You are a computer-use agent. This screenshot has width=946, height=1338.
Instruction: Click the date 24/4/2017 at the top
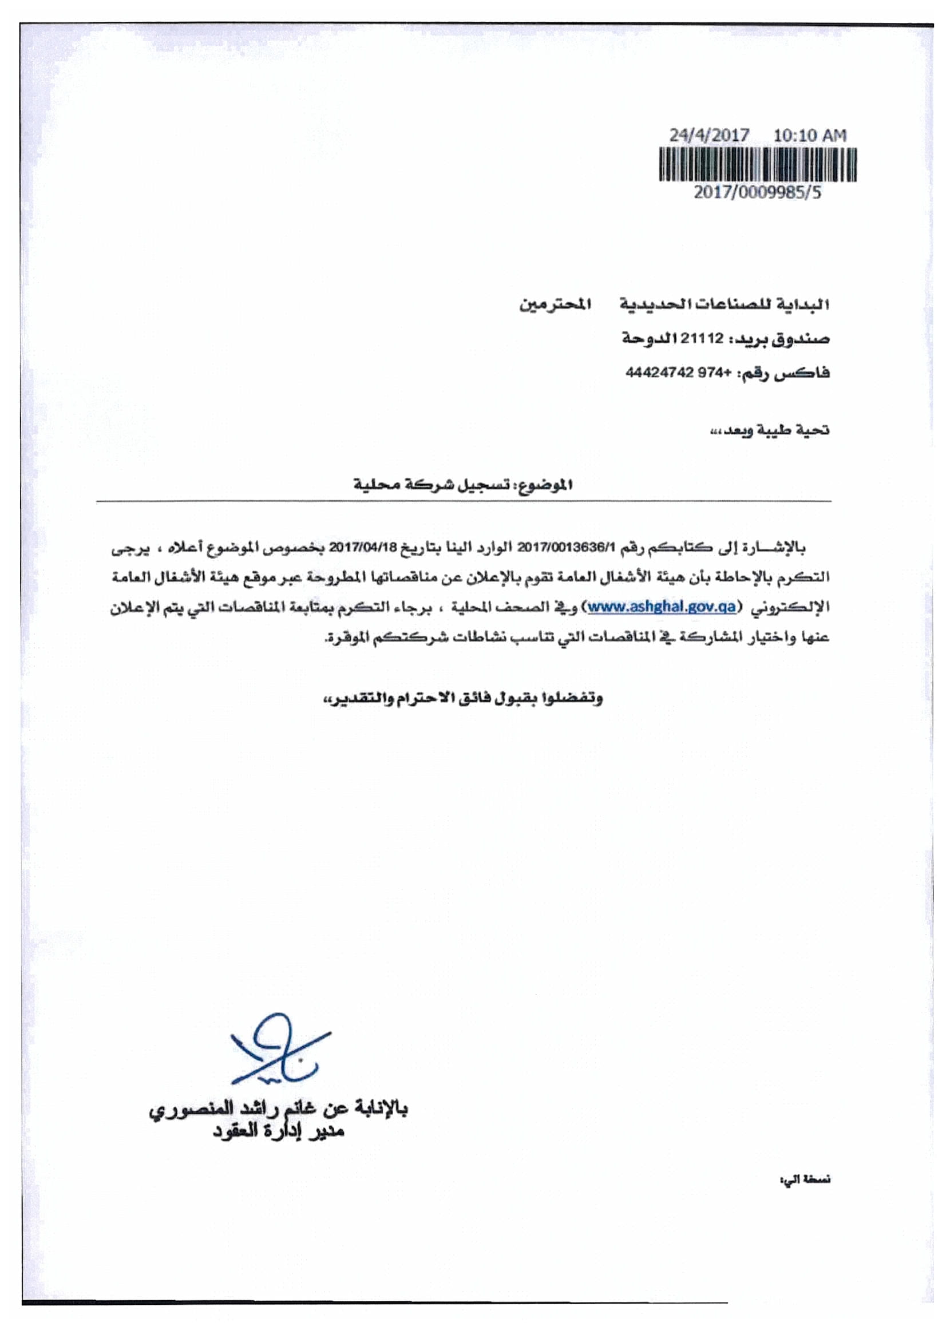click(708, 136)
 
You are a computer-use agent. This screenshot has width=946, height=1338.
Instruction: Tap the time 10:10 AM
click(810, 136)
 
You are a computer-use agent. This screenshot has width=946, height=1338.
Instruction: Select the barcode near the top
click(758, 164)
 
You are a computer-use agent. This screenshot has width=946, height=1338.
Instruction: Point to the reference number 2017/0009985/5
click(757, 193)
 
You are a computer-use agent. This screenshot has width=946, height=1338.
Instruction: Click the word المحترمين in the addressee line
click(555, 304)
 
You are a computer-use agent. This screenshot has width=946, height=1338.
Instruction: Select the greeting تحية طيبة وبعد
click(769, 431)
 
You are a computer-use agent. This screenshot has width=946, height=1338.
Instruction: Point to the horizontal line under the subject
click(464, 501)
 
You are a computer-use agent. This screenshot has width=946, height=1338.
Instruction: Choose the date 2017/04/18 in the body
click(362, 548)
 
